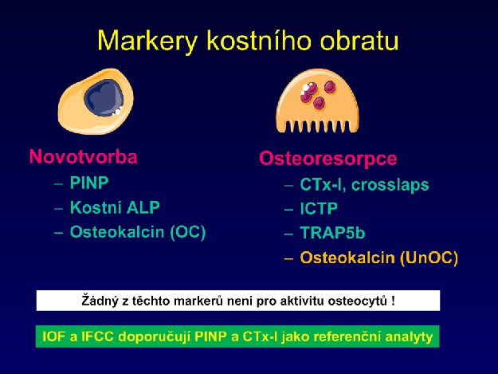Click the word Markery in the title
click(147, 41)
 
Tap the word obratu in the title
click(359, 41)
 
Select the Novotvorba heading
click(83, 156)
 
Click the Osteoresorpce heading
click(328, 159)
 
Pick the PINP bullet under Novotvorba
click(89, 183)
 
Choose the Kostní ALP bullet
click(115, 207)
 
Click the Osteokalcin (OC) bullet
click(138, 232)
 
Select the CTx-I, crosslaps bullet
click(365, 185)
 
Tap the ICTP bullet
click(319, 209)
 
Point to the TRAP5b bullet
click(332, 233)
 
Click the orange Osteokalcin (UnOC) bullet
click(379, 258)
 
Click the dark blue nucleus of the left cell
click(104, 97)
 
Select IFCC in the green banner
click(97, 337)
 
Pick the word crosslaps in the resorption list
click(390, 185)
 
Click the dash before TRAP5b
click(288, 234)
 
